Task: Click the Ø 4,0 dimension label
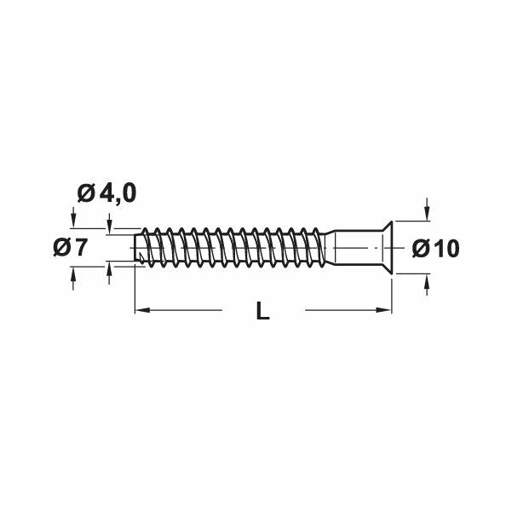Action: coord(106,193)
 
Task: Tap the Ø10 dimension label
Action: coord(435,248)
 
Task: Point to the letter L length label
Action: coord(262,313)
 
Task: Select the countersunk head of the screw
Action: coord(380,248)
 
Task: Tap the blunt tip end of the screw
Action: coord(139,248)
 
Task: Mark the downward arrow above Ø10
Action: coord(426,210)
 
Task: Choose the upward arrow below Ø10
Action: coord(426,285)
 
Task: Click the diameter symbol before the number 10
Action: coord(421,248)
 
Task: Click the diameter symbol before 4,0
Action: coord(86,193)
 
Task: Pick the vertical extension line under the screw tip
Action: coord(135,290)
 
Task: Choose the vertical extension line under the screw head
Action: coord(394,294)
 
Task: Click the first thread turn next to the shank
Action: coord(325,248)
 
